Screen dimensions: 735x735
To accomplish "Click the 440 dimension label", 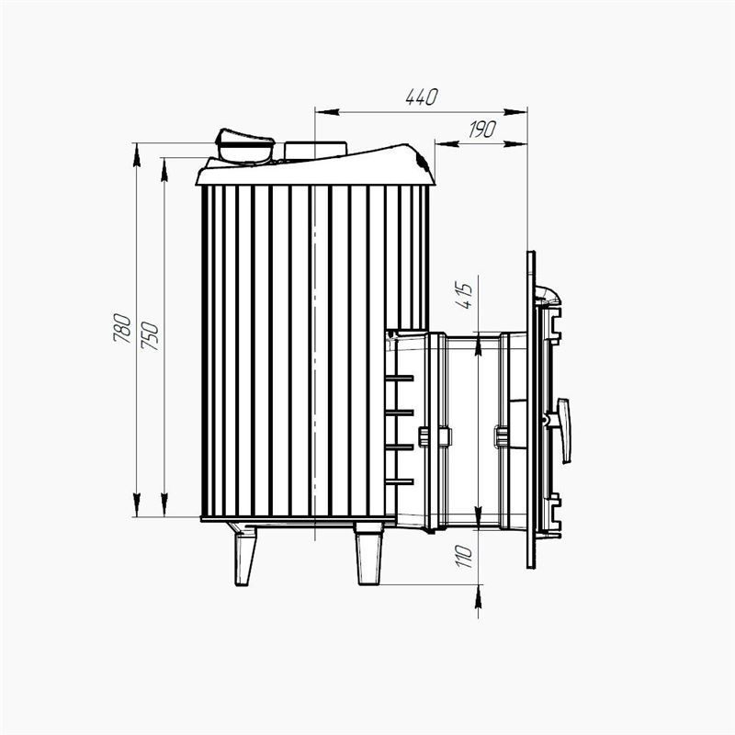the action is point(422,96).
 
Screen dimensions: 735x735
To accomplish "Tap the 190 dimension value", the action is point(482,130).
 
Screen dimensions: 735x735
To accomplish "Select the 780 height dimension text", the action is point(123,328).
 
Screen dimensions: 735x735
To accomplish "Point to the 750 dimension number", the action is point(151,335).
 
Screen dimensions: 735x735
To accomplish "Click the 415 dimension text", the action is point(464,295).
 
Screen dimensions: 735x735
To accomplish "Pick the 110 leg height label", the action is point(464,556).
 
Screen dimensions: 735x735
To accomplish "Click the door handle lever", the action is point(564,430).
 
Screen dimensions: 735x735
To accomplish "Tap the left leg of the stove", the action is point(243,555).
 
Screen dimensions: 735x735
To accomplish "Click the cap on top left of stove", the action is point(244,146).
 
